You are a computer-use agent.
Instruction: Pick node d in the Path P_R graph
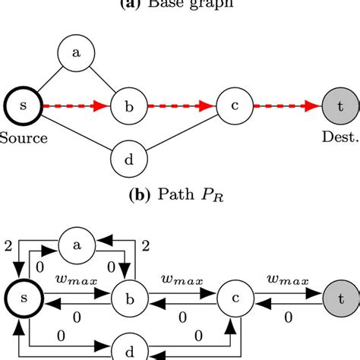point(128,159)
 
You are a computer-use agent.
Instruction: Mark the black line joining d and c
point(182,134)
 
